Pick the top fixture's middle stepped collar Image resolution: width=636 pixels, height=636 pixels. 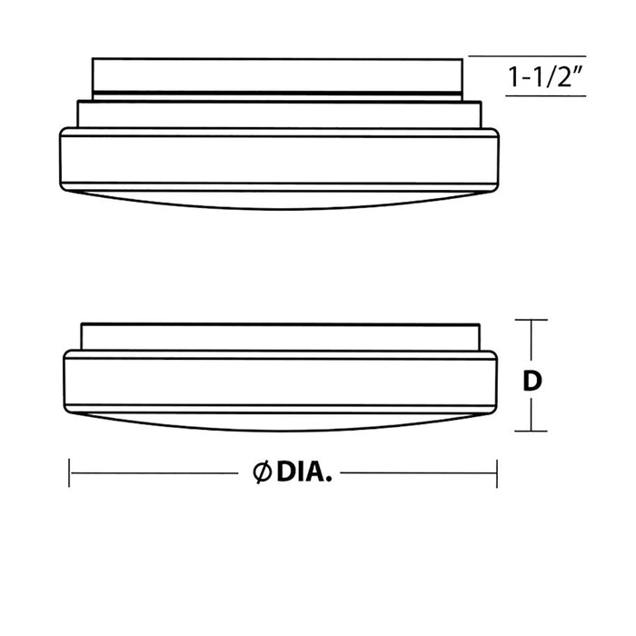[x=279, y=113]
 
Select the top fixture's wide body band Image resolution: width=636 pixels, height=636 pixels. [x=279, y=160]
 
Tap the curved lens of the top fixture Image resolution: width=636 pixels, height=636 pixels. [x=279, y=200]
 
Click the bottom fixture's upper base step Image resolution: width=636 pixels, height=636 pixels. [x=279, y=335]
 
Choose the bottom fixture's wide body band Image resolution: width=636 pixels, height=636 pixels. [x=279, y=382]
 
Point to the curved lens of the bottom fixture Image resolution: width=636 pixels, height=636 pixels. [x=279, y=420]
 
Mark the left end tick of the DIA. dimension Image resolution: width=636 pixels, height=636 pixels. [x=70, y=472]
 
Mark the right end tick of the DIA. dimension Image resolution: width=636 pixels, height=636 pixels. [x=497, y=472]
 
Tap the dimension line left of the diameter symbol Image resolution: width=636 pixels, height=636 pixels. [x=159, y=472]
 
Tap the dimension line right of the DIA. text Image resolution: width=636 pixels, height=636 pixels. [x=418, y=472]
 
